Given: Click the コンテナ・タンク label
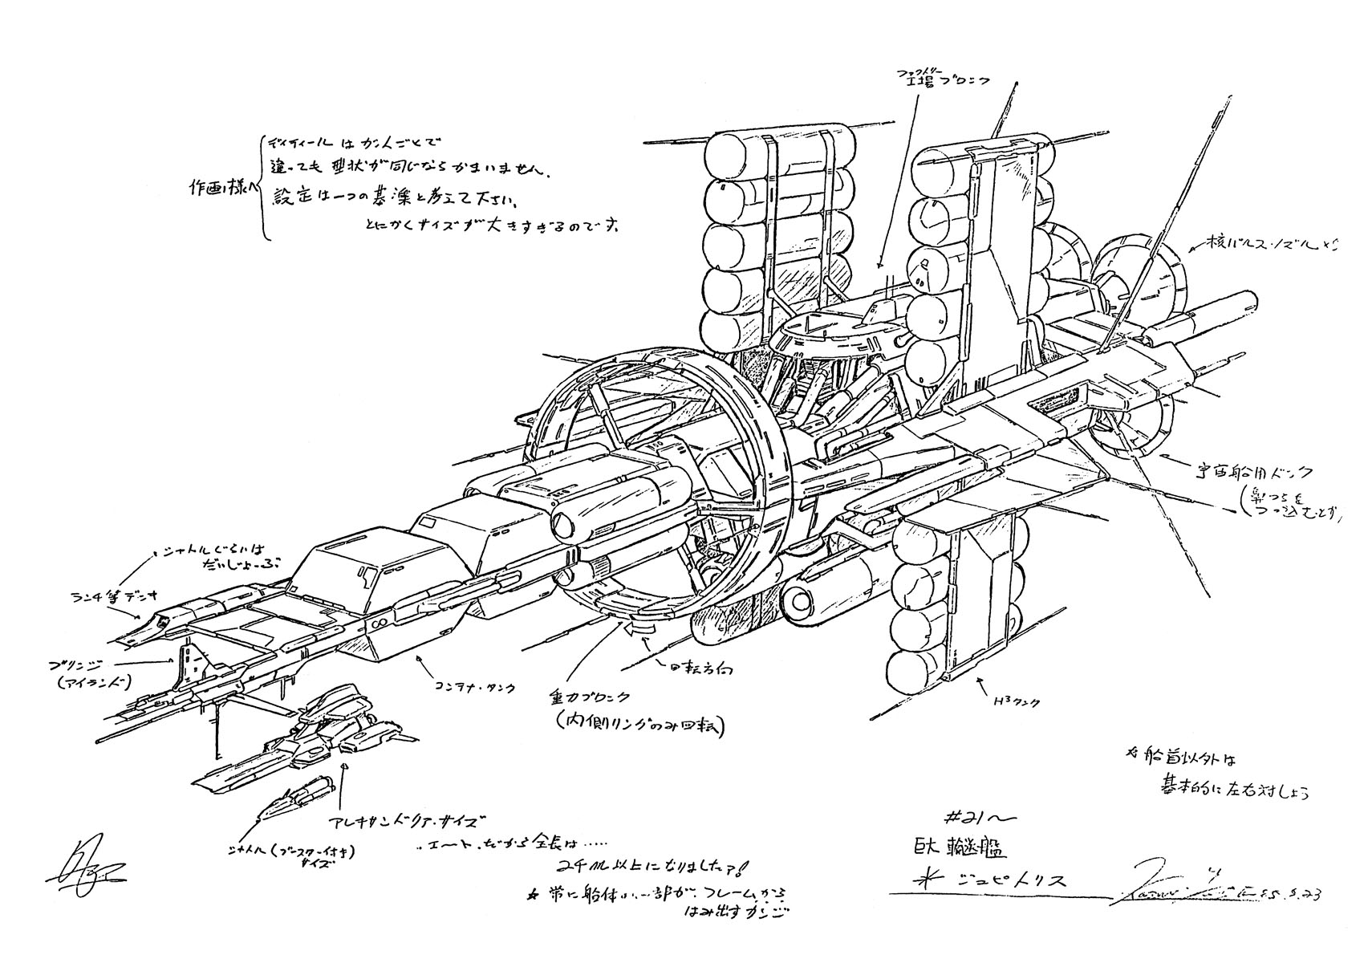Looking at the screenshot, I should [x=473, y=686].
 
